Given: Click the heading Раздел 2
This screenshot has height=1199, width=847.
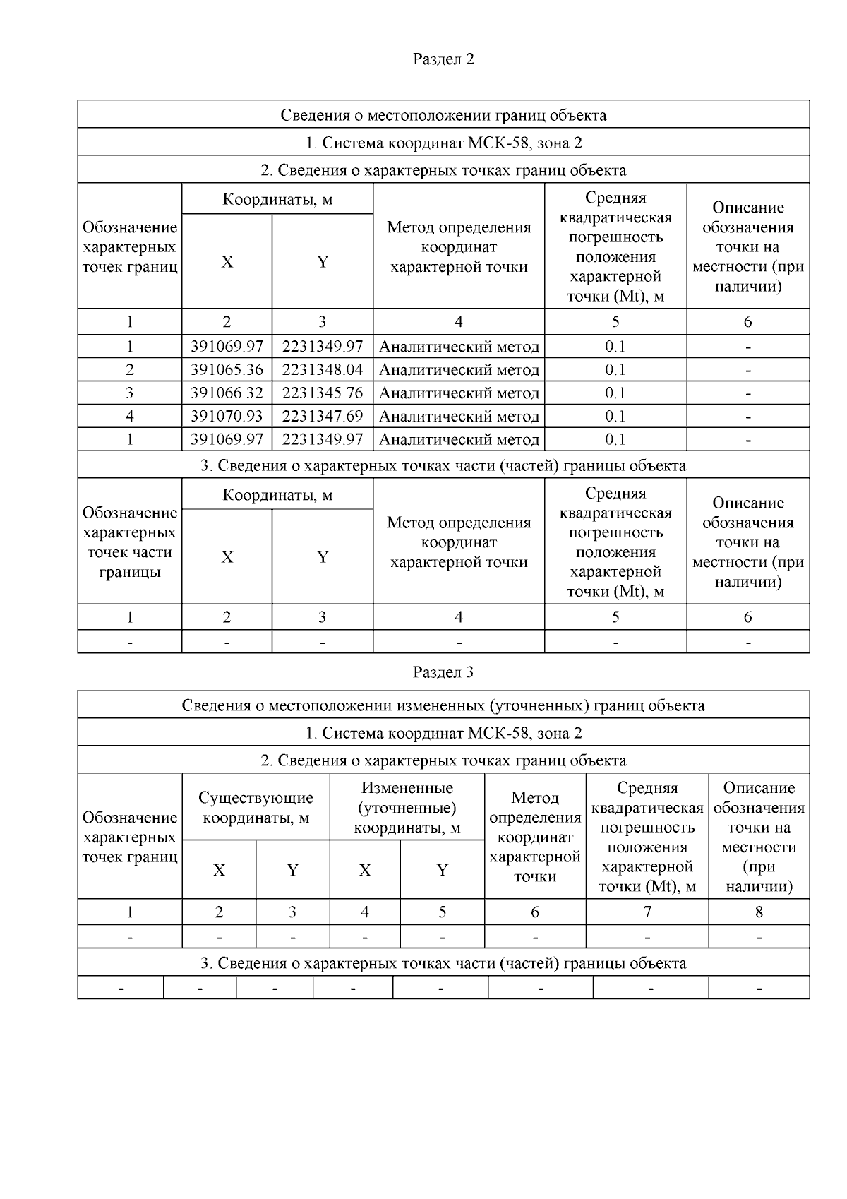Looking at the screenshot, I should click(443, 59).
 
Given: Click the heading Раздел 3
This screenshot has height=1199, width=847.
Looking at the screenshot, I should click(443, 672).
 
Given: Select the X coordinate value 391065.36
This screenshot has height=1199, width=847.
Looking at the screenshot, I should click(227, 370).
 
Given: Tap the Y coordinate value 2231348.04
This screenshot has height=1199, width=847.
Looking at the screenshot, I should click(323, 370).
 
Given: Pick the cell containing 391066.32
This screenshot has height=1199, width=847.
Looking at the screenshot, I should click(227, 393).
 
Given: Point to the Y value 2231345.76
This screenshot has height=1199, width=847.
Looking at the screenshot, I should click(323, 393).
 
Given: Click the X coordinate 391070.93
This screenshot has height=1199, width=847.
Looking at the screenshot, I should click(227, 417).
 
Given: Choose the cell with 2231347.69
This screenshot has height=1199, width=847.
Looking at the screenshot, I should click(323, 417).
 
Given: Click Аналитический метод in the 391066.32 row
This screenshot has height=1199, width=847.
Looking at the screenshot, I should click(459, 393).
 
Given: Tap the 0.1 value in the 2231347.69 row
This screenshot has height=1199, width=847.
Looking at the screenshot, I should click(615, 417).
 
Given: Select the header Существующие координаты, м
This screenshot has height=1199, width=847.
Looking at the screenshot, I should click(256, 808).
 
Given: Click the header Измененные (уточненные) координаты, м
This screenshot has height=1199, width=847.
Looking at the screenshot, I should click(407, 808).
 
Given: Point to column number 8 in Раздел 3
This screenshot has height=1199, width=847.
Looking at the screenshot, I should click(759, 912).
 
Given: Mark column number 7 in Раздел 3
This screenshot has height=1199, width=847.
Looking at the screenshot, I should click(647, 912).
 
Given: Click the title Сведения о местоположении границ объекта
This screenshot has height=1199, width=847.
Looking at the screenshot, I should click(443, 115).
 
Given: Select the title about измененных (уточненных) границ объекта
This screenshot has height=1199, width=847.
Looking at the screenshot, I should click(443, 705).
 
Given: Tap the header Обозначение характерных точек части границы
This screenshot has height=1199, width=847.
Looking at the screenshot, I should click(130, 542).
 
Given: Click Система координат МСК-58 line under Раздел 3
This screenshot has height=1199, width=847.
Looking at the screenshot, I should click(443, 733).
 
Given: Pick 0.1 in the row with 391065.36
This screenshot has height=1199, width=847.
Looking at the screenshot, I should click(615, 370).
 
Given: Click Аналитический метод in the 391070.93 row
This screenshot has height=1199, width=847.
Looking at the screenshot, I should click(459, 417).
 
